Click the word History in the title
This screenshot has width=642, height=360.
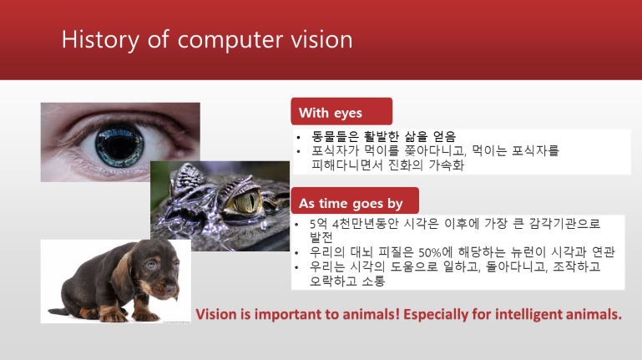click(101, 40)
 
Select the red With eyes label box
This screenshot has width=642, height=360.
click(341, 111)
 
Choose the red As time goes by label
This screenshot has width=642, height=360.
click(355, 200)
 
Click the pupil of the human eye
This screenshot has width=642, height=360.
click(119, 145)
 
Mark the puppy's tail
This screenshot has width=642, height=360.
click(58, 312)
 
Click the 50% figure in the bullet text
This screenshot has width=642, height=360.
click(429, 252)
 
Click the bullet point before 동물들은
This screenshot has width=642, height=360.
click(299, 138)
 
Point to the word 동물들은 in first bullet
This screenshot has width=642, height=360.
click(335, 136)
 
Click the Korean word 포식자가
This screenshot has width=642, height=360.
click(335, 151)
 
